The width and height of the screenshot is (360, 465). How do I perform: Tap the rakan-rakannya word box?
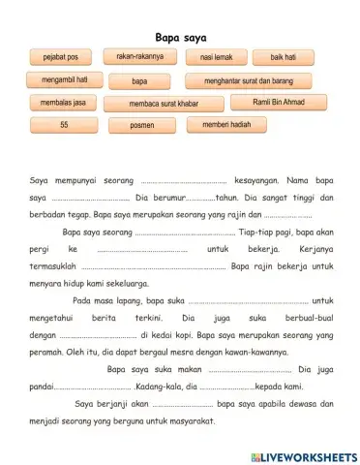tap(140, 57)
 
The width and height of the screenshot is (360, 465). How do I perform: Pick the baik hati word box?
tap(283, 58)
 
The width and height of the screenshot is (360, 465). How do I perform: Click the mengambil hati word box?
tap(65, 79)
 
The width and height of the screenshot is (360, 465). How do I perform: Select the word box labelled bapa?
tap(140, 80)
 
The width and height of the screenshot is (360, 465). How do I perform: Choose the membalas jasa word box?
tap(64, 102)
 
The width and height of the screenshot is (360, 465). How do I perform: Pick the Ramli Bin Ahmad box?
tap(278, 102)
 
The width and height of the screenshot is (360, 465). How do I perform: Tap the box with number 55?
tap(65, 125)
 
